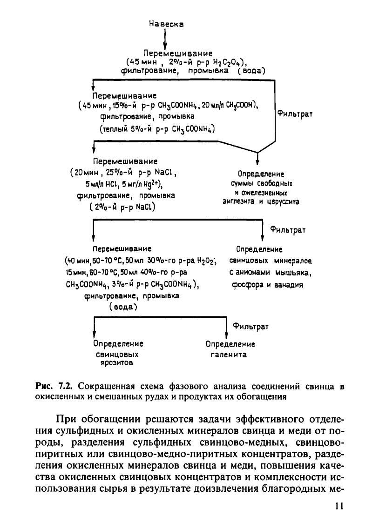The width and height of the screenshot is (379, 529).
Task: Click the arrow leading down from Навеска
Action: pos(165,40)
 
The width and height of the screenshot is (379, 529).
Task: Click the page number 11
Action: pos(338,506)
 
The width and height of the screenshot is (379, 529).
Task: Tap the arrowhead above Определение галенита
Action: pos(226,336)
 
